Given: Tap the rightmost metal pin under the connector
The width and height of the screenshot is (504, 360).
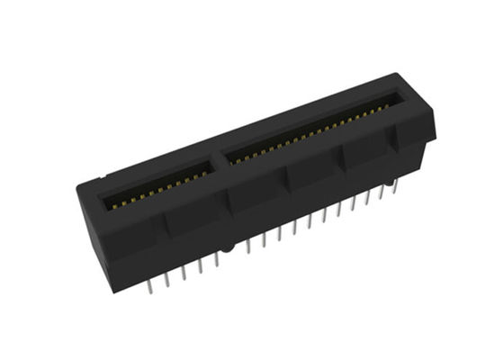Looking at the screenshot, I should coord(393,193).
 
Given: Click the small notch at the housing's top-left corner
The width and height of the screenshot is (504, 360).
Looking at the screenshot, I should coord(103,177).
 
